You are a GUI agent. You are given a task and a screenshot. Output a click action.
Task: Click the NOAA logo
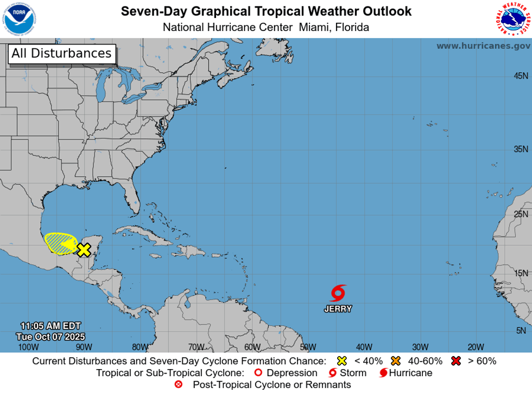tap(20, 18)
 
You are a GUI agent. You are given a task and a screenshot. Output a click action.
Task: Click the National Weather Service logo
tap(512, 18)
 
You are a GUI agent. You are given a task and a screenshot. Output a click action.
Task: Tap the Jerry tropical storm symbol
tap(338, 293)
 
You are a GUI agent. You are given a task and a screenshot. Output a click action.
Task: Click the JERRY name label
tap(338, 309)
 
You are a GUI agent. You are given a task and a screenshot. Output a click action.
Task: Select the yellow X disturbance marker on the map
tap(84, 250)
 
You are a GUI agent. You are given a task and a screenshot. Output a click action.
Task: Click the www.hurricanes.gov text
tap(483, 46)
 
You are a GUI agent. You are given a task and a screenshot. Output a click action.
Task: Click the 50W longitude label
tap(308, 347)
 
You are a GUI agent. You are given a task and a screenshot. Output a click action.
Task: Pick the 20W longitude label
tap(476, 347)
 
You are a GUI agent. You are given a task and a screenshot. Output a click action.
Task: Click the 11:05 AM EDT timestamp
tap(50, 326)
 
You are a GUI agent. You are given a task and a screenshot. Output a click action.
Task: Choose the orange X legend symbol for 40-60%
tap(395, 360)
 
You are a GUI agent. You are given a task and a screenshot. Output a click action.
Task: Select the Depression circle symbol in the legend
tap(258, 373)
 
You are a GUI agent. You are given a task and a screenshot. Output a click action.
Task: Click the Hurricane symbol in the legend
tap(384, 373)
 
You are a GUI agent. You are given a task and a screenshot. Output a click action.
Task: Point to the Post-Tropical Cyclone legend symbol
tap(178, 385)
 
